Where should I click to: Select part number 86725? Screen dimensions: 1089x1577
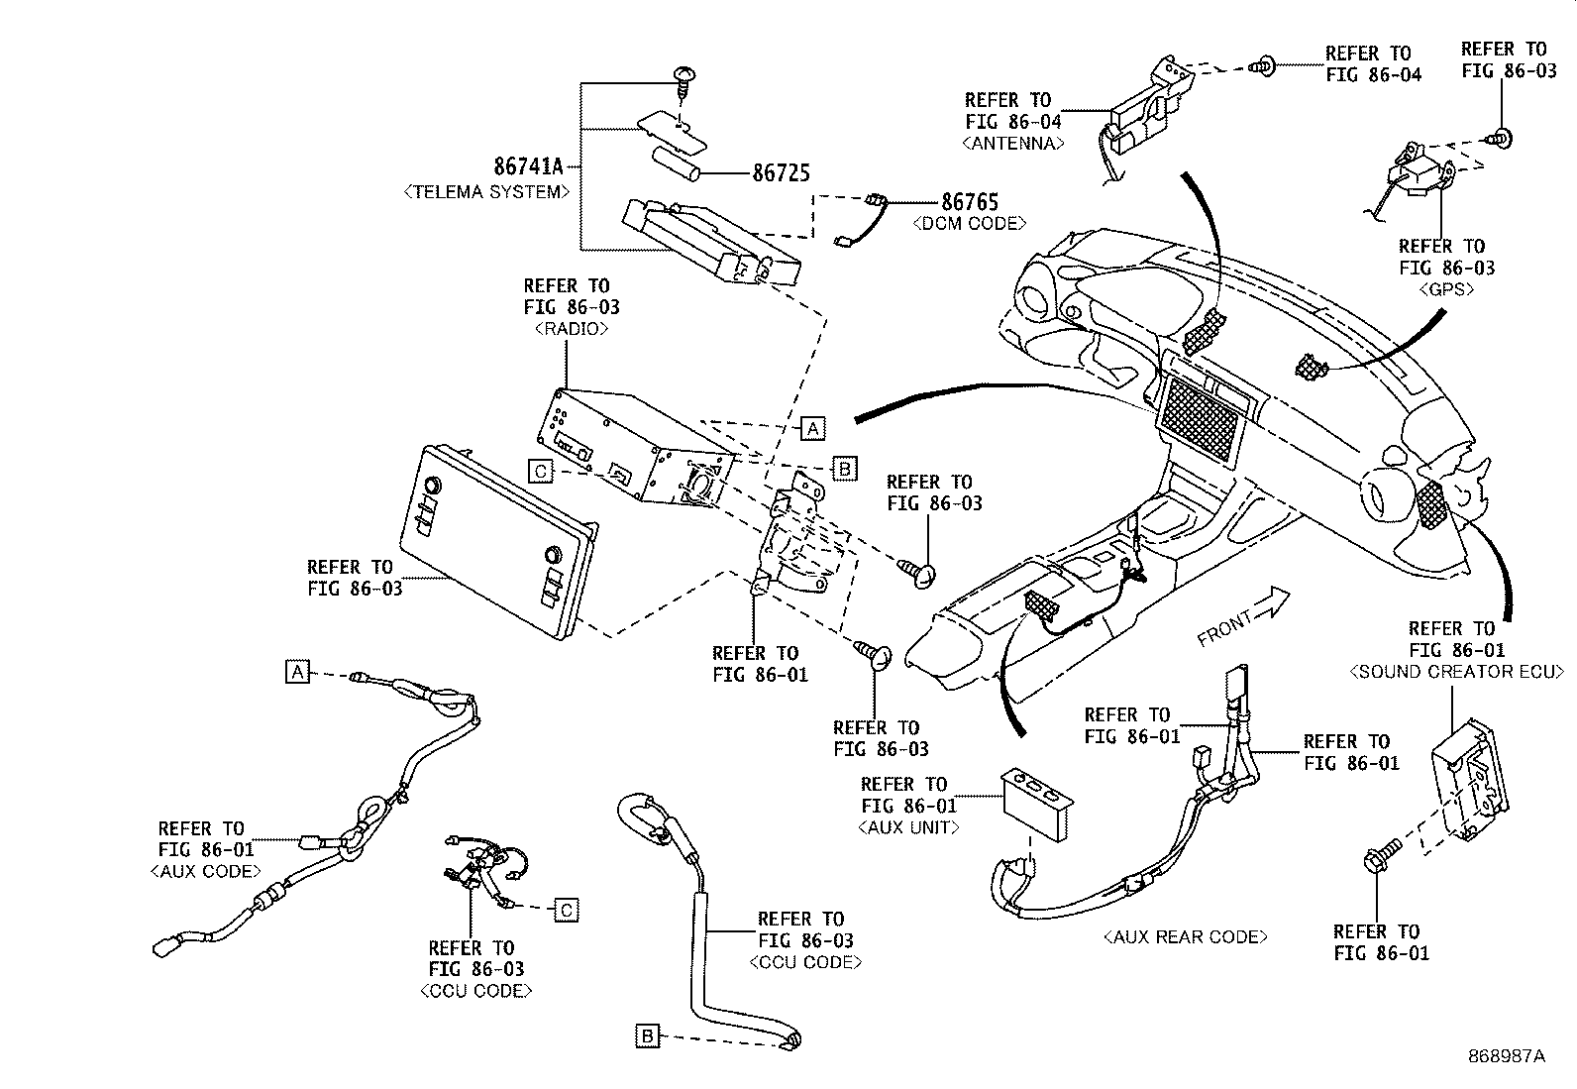point(781,173)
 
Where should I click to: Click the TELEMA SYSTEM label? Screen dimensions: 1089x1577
point(486,192)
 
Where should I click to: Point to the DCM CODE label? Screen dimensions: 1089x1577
point(969,224)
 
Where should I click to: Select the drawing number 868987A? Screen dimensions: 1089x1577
point(1506,1056)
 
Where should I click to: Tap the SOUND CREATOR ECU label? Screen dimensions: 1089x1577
point(1456,672)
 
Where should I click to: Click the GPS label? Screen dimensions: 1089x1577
point(1446,290)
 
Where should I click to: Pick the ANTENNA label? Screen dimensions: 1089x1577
point(1012,143)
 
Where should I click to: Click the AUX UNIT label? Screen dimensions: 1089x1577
point(908,826)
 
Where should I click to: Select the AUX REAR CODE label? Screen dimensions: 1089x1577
point(1185,936)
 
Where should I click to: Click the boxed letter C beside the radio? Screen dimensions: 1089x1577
point(540,472)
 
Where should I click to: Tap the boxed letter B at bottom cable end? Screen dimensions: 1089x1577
point(647,1036)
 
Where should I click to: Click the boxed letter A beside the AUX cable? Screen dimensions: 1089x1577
point(297,671)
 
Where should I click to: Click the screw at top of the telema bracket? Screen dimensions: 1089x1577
point(683,76)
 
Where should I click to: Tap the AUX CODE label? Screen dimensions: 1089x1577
point(206,871)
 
